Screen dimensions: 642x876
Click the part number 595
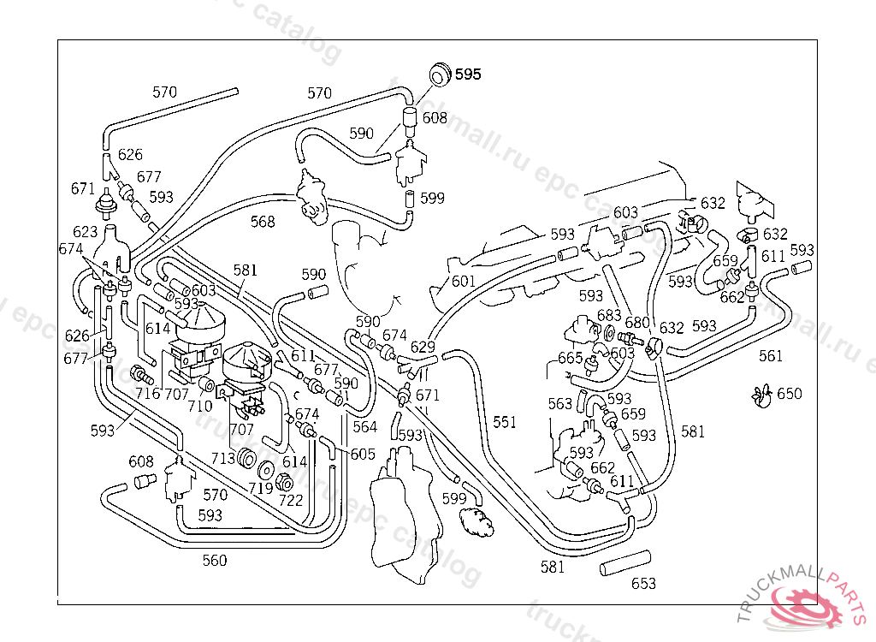pyautogui.click(x=467, y=74)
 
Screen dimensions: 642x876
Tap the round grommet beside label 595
pyautogui.click(x=440, y=74)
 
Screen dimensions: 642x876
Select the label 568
pyautogui.click(x=263, y=222)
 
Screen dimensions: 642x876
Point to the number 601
pyautogui.click(x=463, y=281)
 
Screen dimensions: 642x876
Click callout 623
pyautogui.click(x=86, y=232)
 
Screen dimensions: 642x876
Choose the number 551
pyautogui.click(x=505, y=421)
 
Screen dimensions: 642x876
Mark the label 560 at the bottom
pyautogui.click(x=215, y=561)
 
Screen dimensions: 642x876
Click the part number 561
pyautogui.click(x=770, y=356)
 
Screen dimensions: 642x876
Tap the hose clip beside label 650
pyautogui.click(x=761, y=395)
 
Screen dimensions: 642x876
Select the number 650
pyautogui.click(x=790, y=394)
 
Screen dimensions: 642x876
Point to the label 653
pyautogui.click(x=643, y=584)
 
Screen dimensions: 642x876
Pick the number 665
pyautogui.click(x=570, y=357)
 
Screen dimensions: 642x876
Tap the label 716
pyautogui.click(x=147, y=394)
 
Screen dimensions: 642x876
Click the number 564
pyautogui.click(x=364, y=426)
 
